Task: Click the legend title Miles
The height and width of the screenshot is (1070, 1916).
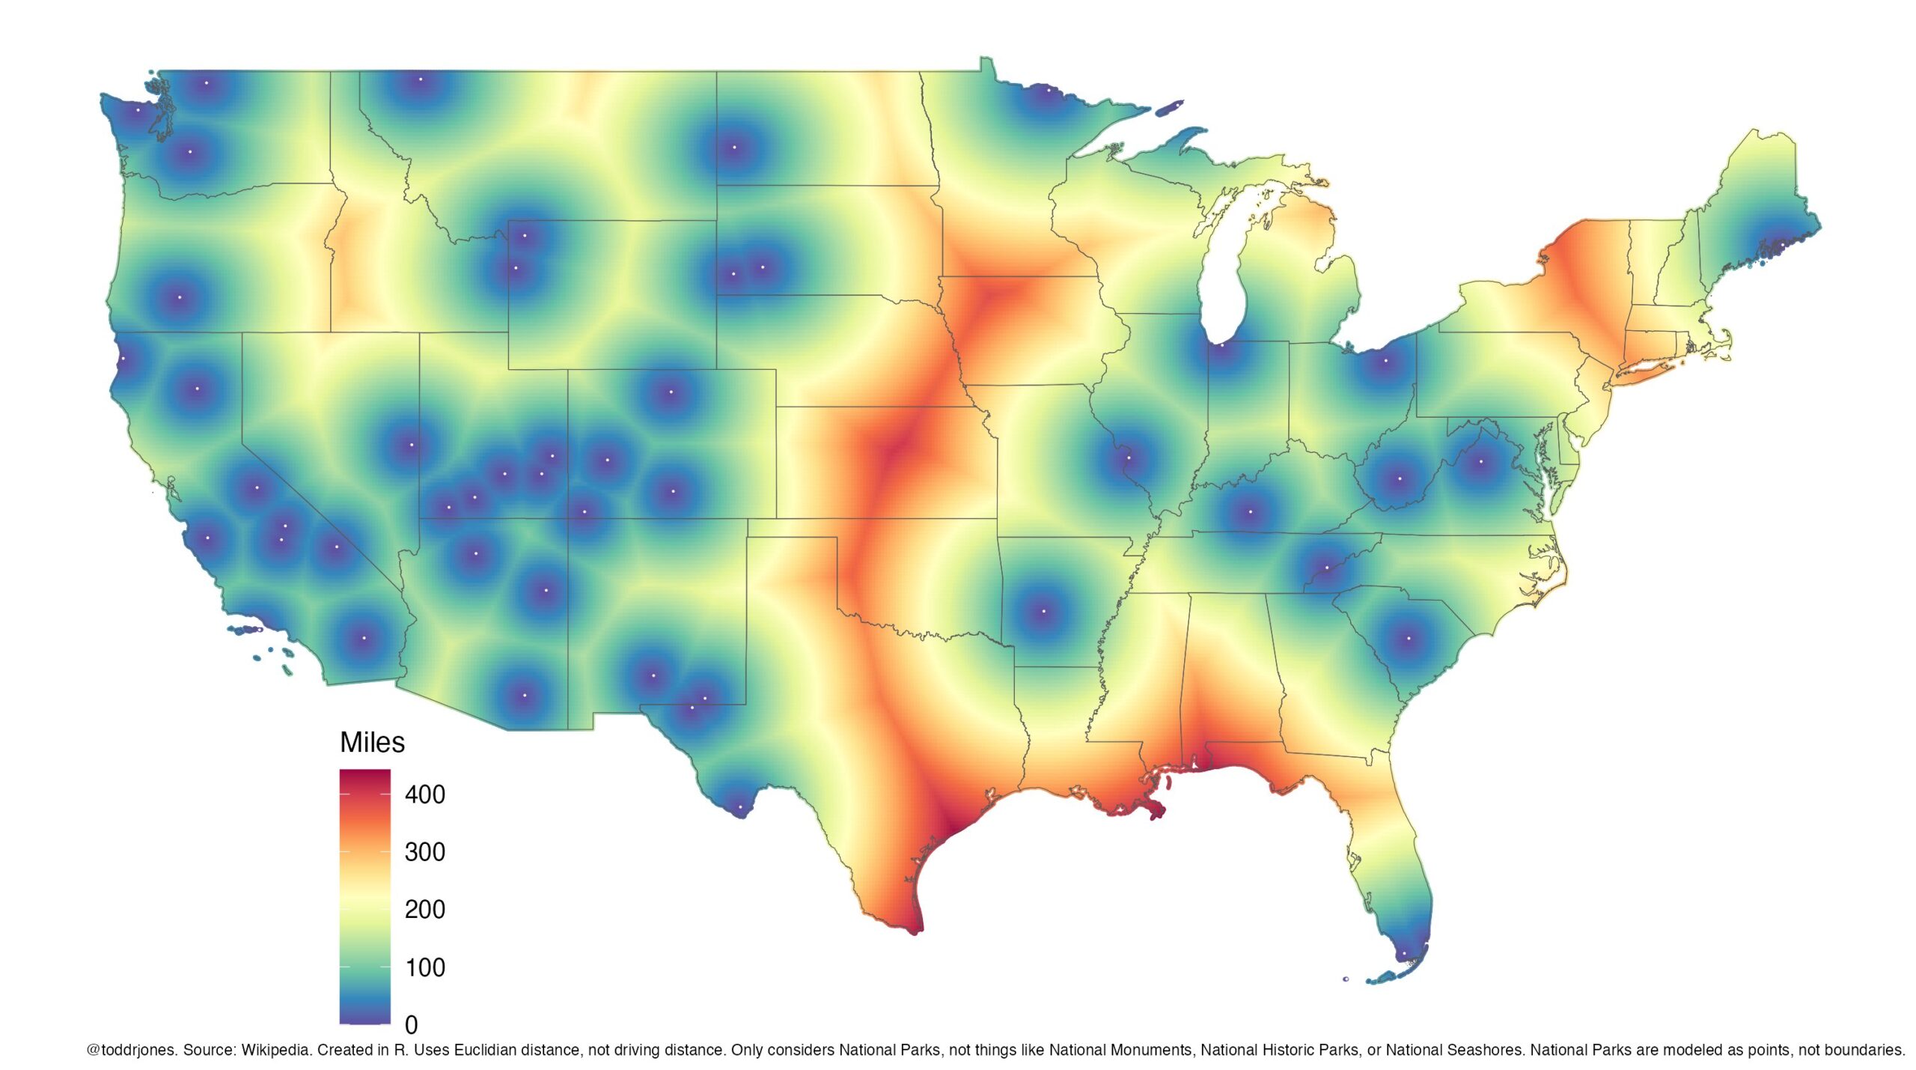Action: [372, 743]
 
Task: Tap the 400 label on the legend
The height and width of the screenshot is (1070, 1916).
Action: [424, 794]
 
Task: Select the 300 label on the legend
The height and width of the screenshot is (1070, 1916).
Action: [424, 852]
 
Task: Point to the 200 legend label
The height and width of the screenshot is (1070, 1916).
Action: [424, 910]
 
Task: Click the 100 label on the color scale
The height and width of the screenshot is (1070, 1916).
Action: [424, 967]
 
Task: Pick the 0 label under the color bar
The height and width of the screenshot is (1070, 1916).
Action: [411, 1024]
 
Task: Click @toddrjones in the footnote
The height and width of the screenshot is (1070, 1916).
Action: [131, 1050]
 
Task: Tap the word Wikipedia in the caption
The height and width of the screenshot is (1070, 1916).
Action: [275, 1050]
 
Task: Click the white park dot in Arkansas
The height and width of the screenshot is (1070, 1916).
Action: [1044, 612]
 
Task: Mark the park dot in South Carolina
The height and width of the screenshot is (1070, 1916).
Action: [1409, 639]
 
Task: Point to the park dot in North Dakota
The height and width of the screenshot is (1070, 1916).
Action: [734, 148]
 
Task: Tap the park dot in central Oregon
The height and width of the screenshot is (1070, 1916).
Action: [179, 297]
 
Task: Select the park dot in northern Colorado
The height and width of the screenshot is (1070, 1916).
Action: [671, 392]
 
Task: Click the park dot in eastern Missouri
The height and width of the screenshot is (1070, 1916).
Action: [1129, 458]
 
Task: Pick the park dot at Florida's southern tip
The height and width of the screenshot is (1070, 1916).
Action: [1403, 954]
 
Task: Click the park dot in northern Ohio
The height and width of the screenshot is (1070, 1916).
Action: [1385, 361]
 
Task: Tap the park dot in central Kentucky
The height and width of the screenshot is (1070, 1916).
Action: [1250, 512]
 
